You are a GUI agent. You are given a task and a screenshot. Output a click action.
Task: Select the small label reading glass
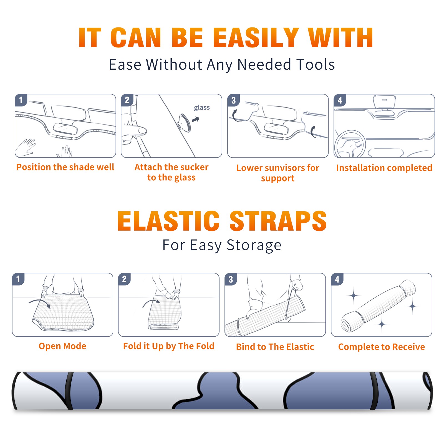tap(202, 108)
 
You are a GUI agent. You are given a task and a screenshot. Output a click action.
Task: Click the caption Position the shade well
tap(65, 167)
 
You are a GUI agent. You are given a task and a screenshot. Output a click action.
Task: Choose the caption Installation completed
tap(384, 168)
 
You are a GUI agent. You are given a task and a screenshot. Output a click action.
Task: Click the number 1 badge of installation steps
tap(21, 100)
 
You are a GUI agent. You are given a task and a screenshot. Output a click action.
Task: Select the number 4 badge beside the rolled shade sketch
tap(337, 279)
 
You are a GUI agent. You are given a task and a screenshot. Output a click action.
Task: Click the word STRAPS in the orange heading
tap(278, 221)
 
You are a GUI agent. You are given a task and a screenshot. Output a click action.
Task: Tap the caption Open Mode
tap(62, 346)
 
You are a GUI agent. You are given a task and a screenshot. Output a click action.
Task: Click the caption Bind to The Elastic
tap(275, 347)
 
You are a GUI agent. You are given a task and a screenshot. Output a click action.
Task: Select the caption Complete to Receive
tap(382, 347)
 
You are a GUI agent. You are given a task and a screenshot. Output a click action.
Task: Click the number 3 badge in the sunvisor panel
tap(233, 100)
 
